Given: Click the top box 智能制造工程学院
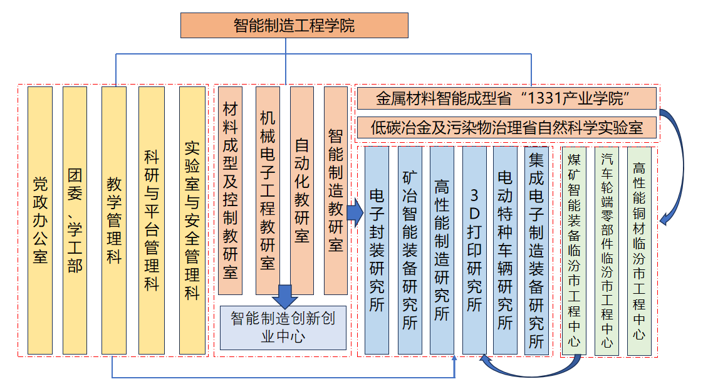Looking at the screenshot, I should point(294,26).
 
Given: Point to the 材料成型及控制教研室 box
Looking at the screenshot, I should point(230,190).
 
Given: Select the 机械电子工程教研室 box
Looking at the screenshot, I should point(268,190).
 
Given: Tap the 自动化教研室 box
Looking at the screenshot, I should point(302,190).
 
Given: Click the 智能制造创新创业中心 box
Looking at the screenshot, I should point(283,327).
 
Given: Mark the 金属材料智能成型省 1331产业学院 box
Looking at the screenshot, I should point(506,98).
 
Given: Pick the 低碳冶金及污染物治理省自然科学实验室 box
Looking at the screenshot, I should point(506,128).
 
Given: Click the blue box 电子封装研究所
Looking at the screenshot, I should point(377,250).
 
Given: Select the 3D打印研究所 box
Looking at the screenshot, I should point(474,250).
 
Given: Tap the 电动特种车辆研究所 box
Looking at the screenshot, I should point(505,250).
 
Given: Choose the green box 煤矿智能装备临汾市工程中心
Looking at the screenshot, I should point(574,250).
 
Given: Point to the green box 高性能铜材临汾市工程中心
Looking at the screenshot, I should point(638,250).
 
